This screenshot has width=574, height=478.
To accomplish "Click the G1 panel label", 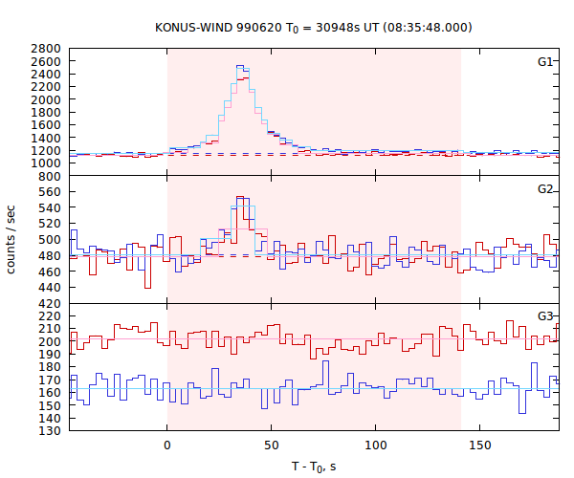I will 545,61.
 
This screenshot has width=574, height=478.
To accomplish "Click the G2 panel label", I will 545,188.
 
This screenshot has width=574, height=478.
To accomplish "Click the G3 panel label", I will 545,315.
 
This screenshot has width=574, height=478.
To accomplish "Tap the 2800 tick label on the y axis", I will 47,48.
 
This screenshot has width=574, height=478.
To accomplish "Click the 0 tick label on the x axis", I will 167,445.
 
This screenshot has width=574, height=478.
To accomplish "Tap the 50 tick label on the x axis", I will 272,445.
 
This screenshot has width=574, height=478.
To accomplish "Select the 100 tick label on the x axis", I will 377,445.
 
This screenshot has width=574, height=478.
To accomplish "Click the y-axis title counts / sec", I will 12,239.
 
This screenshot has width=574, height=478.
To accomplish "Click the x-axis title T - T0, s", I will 314,466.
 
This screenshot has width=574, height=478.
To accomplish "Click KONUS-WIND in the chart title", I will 194,27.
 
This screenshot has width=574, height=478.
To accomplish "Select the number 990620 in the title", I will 265,27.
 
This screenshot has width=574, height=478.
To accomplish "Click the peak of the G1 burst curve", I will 242,67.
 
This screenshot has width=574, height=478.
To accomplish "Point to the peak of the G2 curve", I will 242,198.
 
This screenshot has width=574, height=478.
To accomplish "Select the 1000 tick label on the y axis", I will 47,163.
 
